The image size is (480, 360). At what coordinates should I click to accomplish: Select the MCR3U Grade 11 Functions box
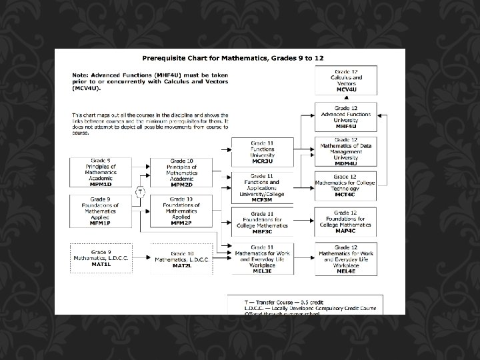[x=262, y=152]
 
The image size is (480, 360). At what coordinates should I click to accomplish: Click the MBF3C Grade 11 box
[x=262, y=221]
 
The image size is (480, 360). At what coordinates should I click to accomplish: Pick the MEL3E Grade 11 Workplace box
[x=262, y=257]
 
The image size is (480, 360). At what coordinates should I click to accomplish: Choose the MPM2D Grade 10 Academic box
[x=181, y=172]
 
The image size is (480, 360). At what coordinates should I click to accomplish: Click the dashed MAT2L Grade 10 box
[x=181, y=257]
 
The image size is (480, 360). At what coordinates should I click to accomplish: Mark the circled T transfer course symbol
[x=141, y=192]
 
